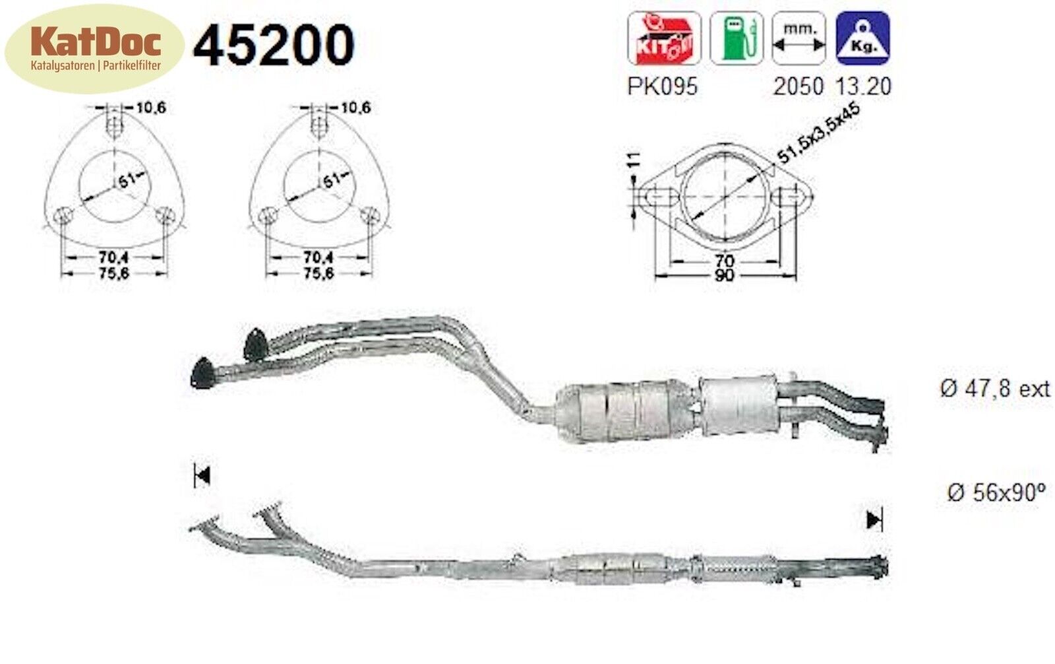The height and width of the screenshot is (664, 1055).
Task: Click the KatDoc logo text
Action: (x=96, y=42)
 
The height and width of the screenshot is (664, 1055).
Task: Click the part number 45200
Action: (x=273, y=45)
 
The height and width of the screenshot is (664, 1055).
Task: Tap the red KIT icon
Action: (x=663, y=38)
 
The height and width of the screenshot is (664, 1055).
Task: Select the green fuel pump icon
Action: (x=736, y=38)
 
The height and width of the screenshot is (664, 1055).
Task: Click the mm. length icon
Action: (x=799, y=38)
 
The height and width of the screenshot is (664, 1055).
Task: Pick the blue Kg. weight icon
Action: (x=862, y=38)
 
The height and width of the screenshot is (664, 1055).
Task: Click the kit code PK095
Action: (x=662, y=86)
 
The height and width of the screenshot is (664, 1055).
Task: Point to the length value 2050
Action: (x=799, y=86)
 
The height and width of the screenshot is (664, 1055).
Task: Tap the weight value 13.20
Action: (x=862, y=86)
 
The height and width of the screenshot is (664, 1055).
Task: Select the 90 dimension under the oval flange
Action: (x=724, y=275)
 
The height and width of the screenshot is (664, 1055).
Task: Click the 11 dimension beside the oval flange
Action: (x=634, y=160)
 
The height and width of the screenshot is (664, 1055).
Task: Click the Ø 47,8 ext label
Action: (x=994, y=389)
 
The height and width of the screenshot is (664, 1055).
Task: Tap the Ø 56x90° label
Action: (x=996, y=492)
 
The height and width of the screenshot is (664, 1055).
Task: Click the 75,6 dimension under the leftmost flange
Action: (x=114, y=273)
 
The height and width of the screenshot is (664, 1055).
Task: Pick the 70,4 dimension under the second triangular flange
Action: (x=318, y=257)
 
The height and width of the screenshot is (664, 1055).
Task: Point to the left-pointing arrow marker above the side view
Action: (x=202, y=475)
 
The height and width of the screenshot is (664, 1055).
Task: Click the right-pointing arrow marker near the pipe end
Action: (x=874, y=520)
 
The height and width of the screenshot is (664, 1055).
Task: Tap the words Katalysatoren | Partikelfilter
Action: (x=96, y=66)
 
